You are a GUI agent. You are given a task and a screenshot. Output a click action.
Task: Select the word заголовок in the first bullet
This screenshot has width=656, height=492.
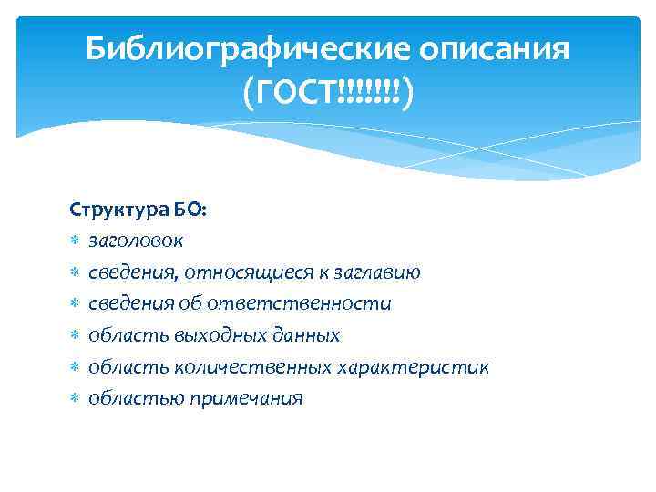136,241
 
